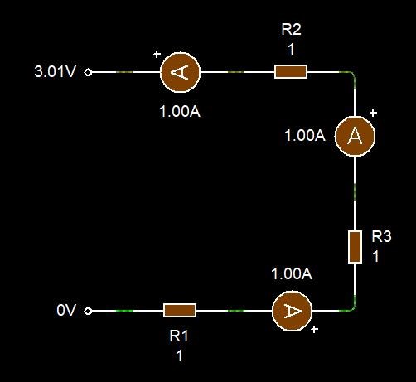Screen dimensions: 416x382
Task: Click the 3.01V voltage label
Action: (55, 71)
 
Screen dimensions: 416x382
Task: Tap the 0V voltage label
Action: (66, 310)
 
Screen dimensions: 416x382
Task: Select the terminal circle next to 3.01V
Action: (88, 72)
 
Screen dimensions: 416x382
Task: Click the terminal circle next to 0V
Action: (88, 311)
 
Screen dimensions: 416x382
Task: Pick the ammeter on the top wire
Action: (180, 72)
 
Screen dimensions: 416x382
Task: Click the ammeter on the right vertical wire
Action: (355, 136)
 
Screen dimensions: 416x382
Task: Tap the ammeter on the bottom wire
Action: (293, 311)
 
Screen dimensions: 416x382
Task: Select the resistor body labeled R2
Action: (291, 72)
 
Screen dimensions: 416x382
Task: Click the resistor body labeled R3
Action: (355, 247)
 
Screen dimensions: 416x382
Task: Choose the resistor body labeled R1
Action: (180, 310)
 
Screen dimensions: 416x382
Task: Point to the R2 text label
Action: (291, 29)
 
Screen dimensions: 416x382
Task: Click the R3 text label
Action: (381, 236)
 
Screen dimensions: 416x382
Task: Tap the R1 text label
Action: (179, 336)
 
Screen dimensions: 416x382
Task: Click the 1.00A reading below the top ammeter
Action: (180, 112)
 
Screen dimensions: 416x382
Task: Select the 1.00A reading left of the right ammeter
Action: (305, 136)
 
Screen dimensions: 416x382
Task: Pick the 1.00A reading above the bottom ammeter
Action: (292, 273)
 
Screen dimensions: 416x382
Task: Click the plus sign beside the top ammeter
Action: (157, 54)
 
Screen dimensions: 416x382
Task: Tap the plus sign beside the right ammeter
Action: (373, 113)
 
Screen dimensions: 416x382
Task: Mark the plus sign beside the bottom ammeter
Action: (314, 329)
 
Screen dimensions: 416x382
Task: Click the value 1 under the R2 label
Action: (291, 50)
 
